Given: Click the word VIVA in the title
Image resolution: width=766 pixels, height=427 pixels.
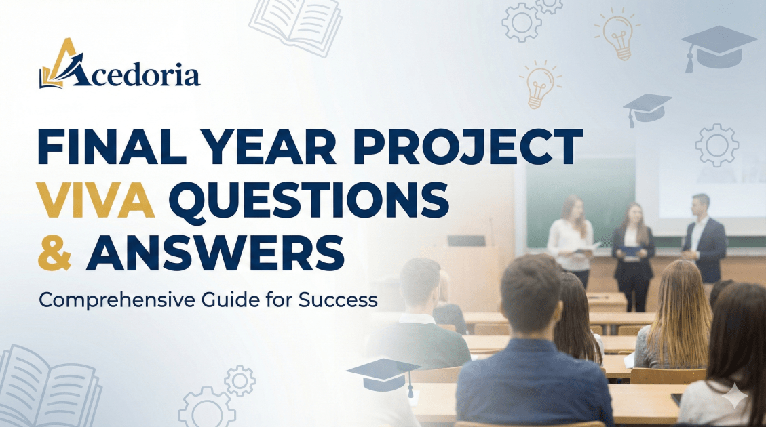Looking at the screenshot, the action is click(x=97, y=200).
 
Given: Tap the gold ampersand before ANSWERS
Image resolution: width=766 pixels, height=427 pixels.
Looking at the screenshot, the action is click(x=55, y=253).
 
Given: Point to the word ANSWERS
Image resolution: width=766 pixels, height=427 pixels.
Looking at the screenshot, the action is click(x=215, y=253).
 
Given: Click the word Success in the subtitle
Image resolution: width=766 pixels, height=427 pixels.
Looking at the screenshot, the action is click(x=338, y=300).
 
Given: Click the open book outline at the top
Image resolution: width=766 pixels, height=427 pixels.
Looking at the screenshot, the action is click(x=296, y=20).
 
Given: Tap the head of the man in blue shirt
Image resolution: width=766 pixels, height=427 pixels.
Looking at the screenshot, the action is click(x=531, y=296).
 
